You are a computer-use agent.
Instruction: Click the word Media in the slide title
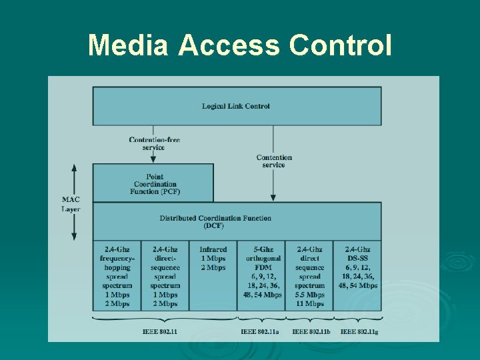coord(129,45)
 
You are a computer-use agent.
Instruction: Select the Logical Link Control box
coord(237,106)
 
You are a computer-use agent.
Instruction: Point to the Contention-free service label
coord(154,143)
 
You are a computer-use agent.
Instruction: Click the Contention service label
coord(274,161)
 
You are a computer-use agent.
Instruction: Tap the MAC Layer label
coord(71,203)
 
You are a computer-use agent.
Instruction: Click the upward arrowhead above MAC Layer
coord(74,168)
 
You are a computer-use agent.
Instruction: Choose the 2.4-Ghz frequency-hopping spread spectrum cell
coord(117,276)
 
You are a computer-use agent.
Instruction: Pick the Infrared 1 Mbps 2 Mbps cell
coord(213,258)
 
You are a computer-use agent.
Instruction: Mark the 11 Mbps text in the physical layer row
coord(309,303)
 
